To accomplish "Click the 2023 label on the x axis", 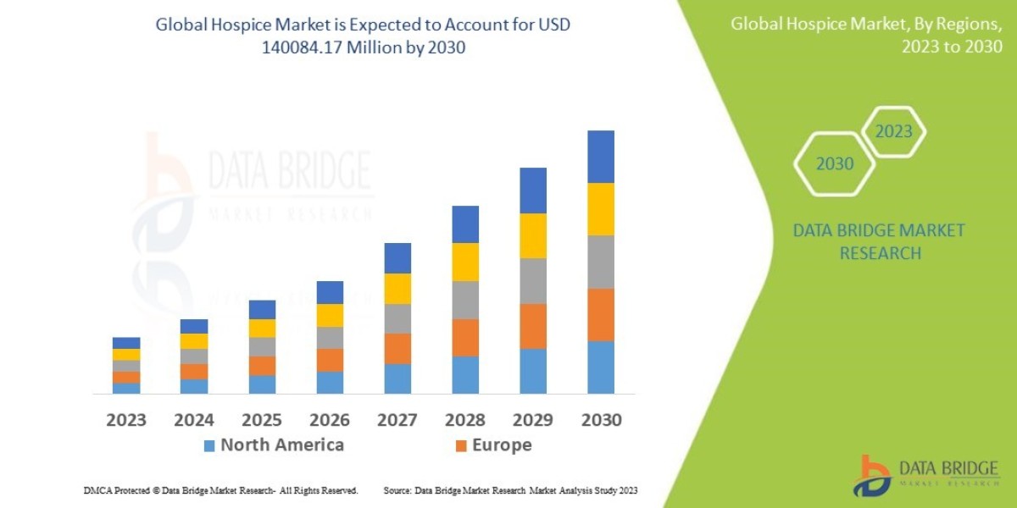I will click(x=126, y=420).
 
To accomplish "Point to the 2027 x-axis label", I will click(x=397, y=420).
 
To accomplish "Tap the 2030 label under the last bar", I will click(x=601, y=420).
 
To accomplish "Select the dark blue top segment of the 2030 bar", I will click(x=601, y=157).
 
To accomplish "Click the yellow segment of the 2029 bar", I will click(x=533, y=235).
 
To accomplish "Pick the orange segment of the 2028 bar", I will click(x=465, y=337).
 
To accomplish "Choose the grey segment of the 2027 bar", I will click(x=397, y=318).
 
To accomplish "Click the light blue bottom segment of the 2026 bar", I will click(x=330, y=383).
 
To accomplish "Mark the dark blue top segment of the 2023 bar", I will click(x=126, y=343).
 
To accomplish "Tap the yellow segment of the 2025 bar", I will click(x=262, y=329).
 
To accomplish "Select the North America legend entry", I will click(x=273, y=445).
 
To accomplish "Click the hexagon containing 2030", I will click(x=834, y=164).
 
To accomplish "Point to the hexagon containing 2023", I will click(x=893, y=131).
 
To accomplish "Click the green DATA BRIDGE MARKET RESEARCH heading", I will click(x=878, y=241).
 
